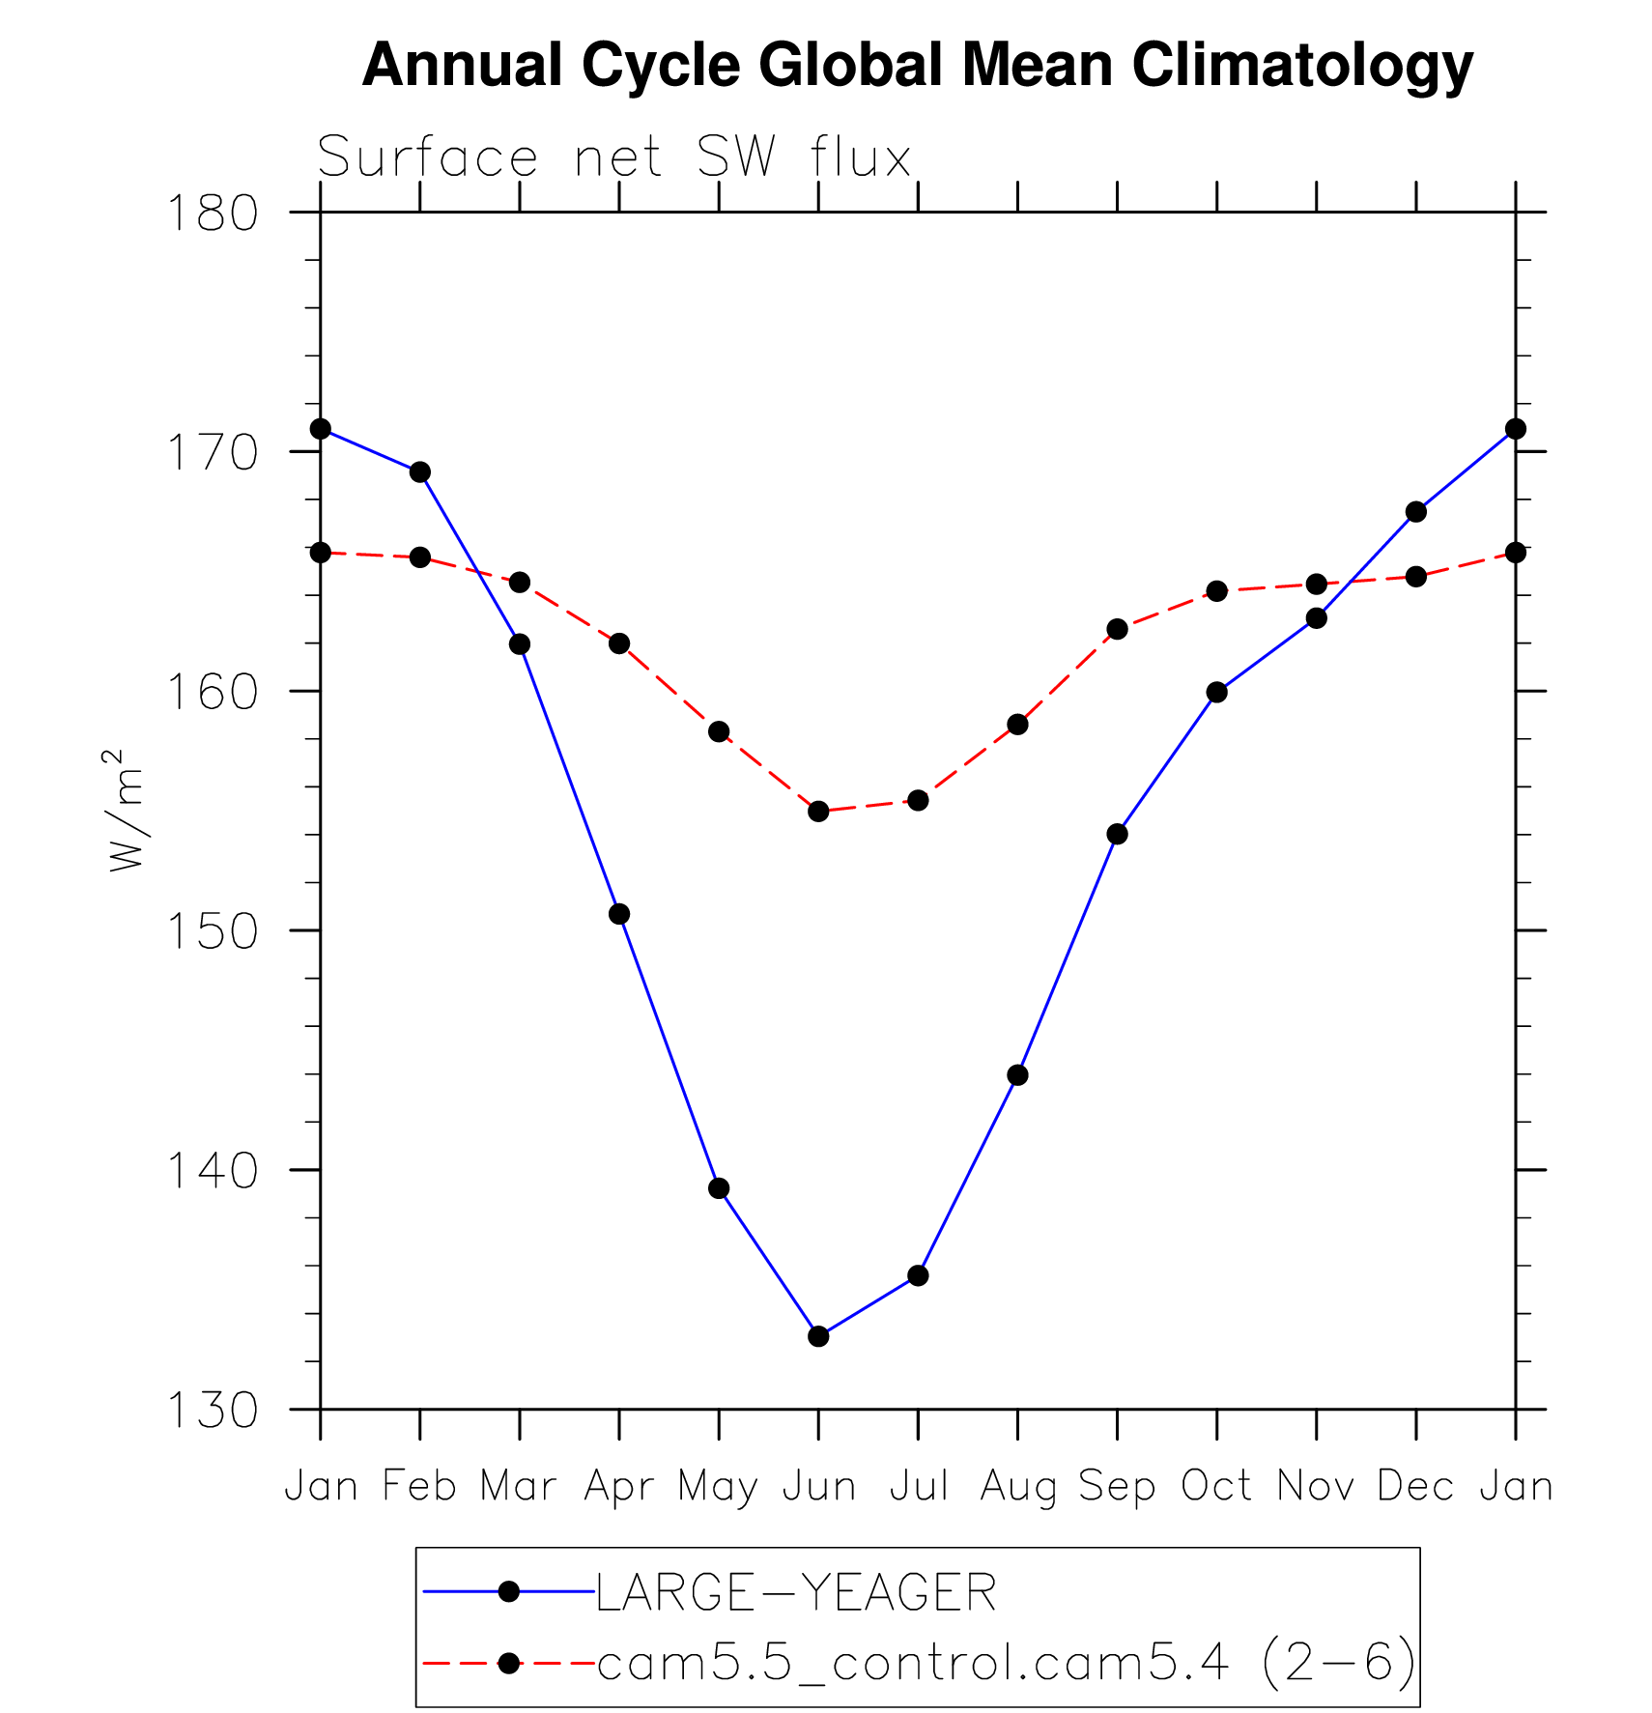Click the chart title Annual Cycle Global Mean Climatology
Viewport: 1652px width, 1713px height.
pyautogui.click(x=917, y=66)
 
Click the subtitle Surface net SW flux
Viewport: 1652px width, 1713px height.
pyautogui.click(x=614, y=157)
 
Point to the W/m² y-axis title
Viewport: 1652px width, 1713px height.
pyautogui.click(x=127, y=810)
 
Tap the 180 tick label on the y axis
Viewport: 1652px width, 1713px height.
pyautogui.click(x=214, y=214)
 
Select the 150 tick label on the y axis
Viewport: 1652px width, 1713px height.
pyautogui.click(x=214, y=931)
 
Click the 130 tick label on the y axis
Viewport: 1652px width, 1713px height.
pyautogui.click(x=214, y=1411)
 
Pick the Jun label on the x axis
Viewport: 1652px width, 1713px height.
pyautogui.click(x=819, y=1486)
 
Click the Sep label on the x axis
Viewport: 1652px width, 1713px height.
pyautogui.click(x=1117, y=1486)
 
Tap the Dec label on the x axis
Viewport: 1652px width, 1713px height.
pyautogui.click(x=1415, y=1486)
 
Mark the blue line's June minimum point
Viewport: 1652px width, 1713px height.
pyautogui.click(x=818, y=1336)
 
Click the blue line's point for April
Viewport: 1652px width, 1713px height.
pyautogui.click(x=619, y=914)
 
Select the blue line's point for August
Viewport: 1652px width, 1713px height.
pyautogui.click(x=1017, y=1075)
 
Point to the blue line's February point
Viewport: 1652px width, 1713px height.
pyautogui.click(x=420, y=472)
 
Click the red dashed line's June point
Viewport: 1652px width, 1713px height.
pyautogui.click(x=818, y=812)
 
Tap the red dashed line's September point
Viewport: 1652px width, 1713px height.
pyautogui.click(x=1117, y=630)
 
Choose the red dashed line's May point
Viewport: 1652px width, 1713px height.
pyautogui.click(x=719, y=732)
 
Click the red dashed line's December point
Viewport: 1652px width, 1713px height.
pyautogui.click(x=1415, y=577)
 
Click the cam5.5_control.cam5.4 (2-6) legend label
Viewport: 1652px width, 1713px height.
pyautogui.click(x=1006, y=1664)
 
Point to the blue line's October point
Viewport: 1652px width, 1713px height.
pyautogui.click(x=1216, y=693)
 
